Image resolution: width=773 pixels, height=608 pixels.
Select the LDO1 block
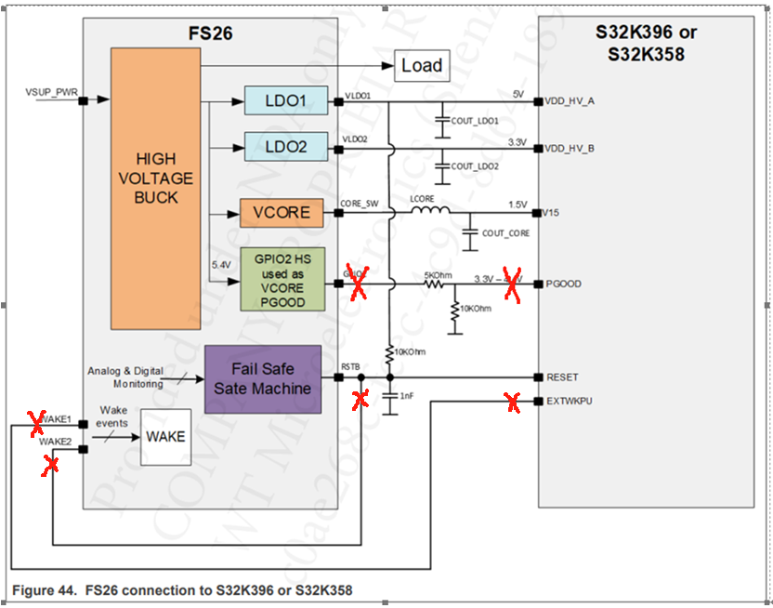pos(286,100)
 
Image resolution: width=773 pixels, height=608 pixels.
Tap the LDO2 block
pos(286,145)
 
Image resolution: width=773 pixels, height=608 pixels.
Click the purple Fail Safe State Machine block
pos(262,378)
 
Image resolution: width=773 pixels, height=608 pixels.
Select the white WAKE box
pos(165,436)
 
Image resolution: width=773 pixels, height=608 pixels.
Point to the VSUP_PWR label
pos(51,94)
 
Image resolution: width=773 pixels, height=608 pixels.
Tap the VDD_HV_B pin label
pos(570,148)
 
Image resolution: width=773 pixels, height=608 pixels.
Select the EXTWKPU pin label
pos(569,401)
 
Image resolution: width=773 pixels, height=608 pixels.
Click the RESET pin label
pos(561,377)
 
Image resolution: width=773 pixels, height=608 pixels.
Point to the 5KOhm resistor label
pos(437,275)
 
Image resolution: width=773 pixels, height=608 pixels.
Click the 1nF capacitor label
pos(406,396)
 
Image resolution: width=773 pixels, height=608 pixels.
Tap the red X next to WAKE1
pos(38,424)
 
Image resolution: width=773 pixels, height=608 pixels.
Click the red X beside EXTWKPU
pos(512,402)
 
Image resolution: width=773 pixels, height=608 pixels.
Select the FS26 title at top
pos(211,34)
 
